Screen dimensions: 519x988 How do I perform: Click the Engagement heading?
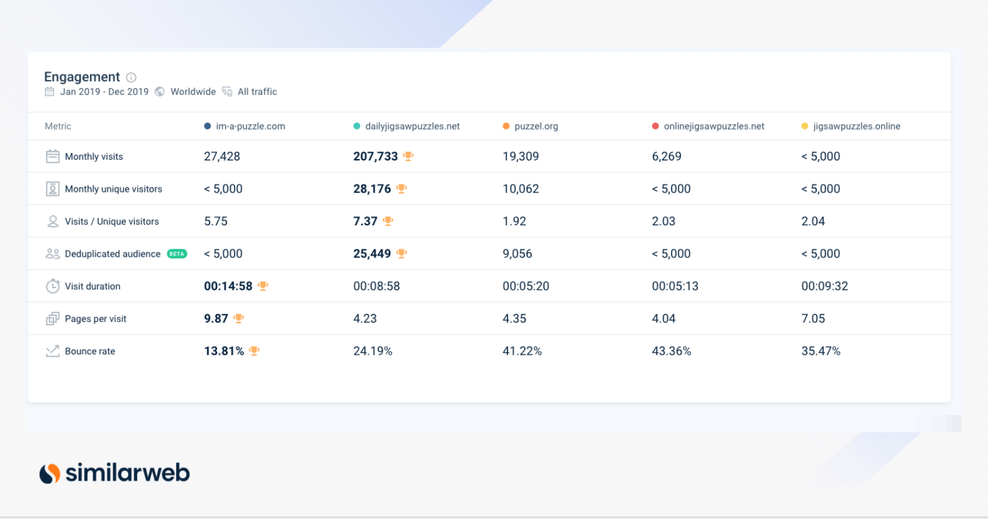[82, 77]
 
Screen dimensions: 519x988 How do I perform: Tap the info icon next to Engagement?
[131, 77]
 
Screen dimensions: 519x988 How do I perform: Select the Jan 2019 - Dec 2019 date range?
[104, 92]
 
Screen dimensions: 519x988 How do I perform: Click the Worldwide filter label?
[193, 92]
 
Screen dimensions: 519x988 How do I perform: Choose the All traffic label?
[257, 92]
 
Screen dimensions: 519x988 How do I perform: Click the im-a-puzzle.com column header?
[250, 126]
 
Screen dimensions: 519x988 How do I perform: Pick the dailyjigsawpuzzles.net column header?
[412, 126]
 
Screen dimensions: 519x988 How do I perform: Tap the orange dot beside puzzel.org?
[506, 126]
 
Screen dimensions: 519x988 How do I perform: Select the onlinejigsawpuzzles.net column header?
[714, 126]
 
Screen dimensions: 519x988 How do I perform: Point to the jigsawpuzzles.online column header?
[857, 126]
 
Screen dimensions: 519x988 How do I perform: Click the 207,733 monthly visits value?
[375, 157]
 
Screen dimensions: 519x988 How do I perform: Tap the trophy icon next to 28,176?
[402, 189]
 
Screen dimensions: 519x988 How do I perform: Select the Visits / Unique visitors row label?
[112, 221]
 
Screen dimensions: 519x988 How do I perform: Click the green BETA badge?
[177, 254]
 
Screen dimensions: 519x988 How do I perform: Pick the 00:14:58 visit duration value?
[228, 286]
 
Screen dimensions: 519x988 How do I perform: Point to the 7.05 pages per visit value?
[813, 319]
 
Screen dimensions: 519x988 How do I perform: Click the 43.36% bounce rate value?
[672, 351]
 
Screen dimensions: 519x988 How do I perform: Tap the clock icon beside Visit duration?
[53, 286]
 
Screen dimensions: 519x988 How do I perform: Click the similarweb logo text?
[128, 472]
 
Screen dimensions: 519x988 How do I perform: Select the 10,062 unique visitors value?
[521, 189]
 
